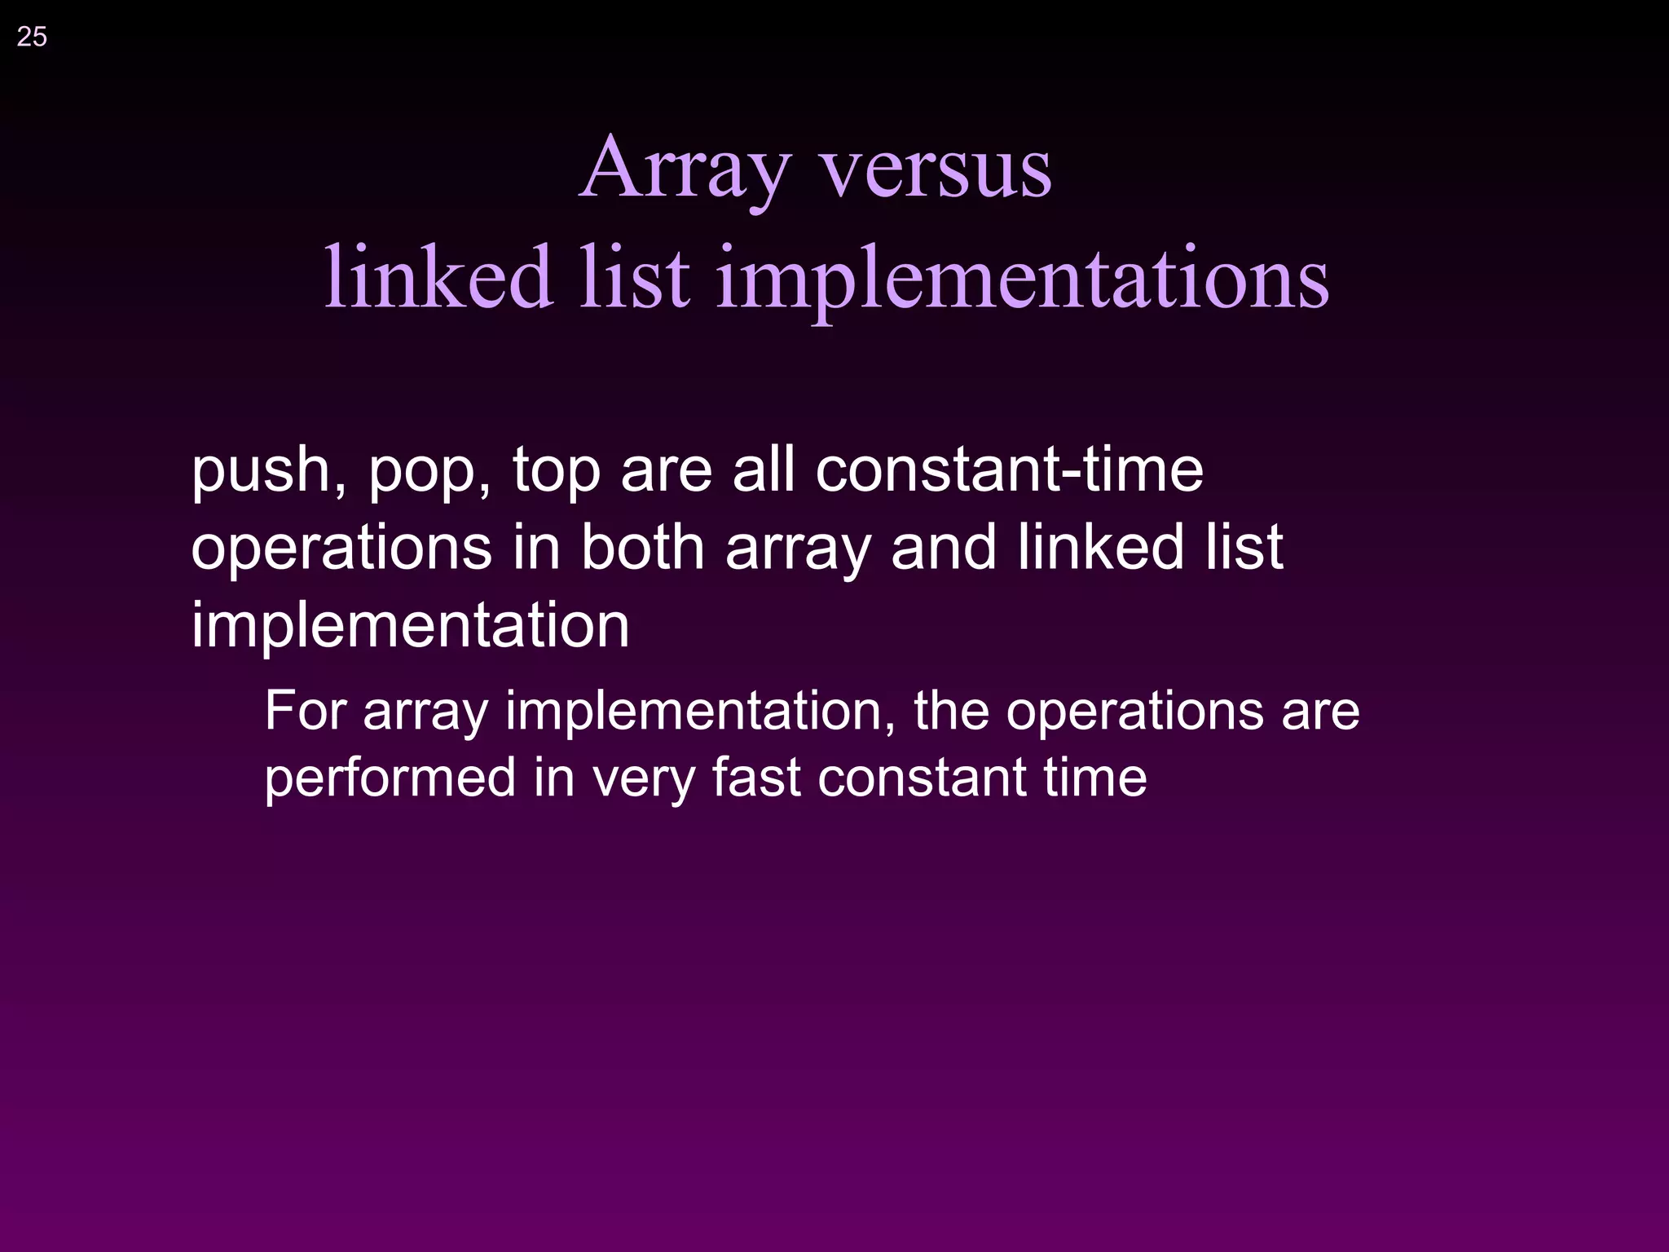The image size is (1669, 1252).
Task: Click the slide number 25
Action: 32,37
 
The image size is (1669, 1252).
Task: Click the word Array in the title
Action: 685,170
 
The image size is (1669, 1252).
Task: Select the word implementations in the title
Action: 1022,280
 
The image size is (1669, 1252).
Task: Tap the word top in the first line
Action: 556,473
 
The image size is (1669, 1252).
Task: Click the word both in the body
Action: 642,548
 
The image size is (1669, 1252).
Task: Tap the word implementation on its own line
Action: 410,626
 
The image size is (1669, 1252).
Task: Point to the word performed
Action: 390,778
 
